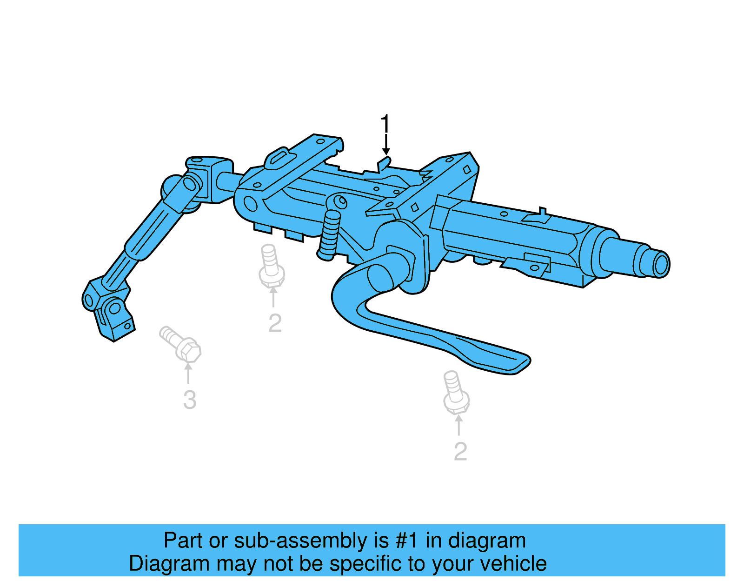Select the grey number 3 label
click(x=189, y=400)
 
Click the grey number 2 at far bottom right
click(x=460, y=451)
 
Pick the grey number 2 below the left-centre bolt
click(x=275, y=323)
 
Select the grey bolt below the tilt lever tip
click(x=455, y=393)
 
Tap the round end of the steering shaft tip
click(x=660, y=265)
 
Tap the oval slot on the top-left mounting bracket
click(x=278, y=157)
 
